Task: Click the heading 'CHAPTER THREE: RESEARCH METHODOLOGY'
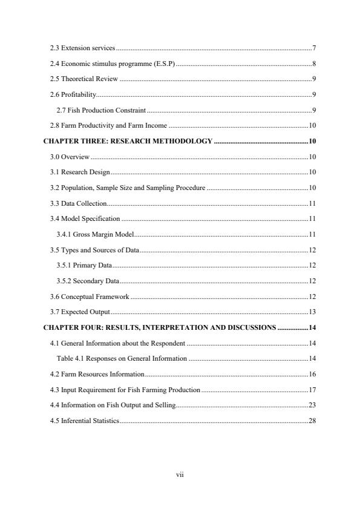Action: point(128,141)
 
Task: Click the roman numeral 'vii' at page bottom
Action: point(180,474)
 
